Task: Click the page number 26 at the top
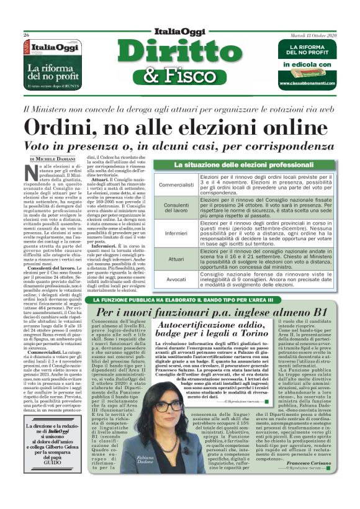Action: tap(27, 35)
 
